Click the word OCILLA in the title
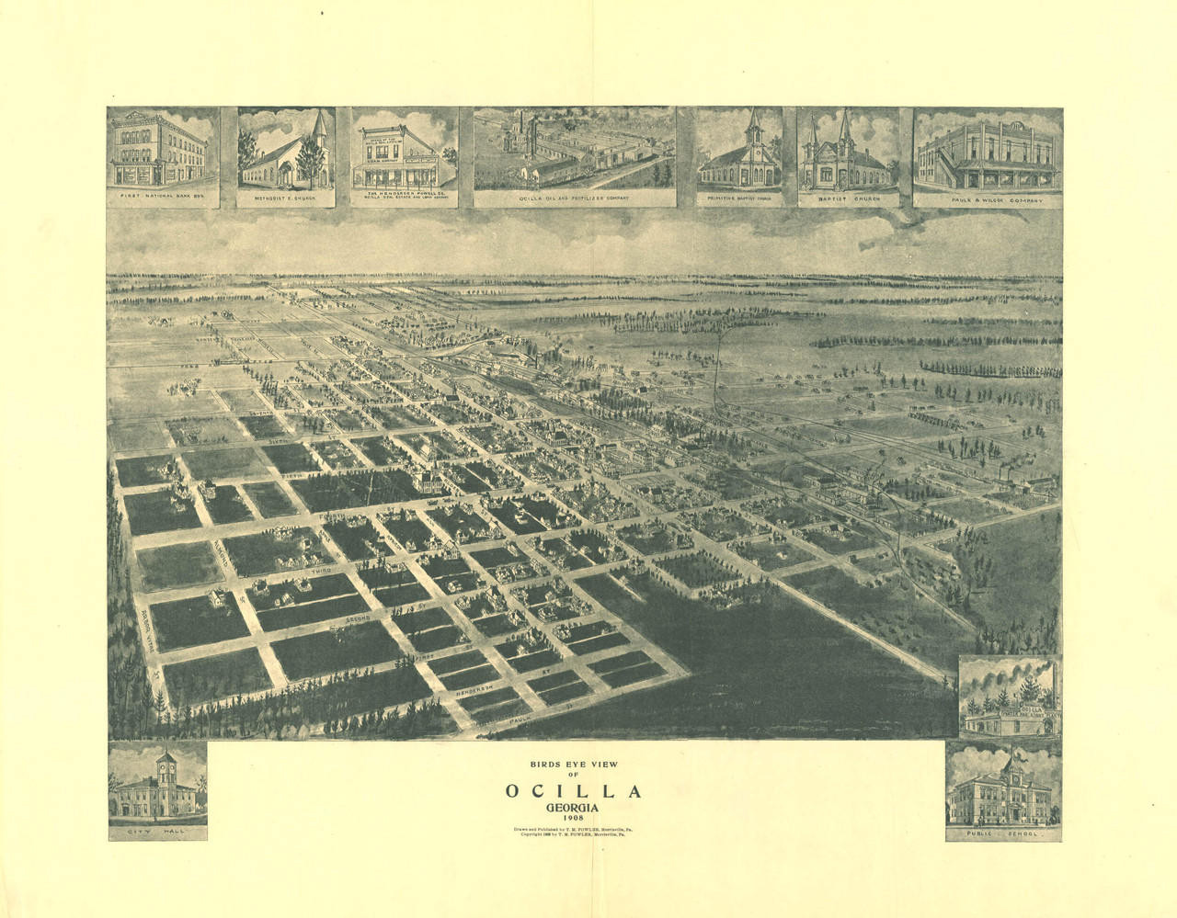coord(572,791)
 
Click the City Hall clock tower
coord(166,766)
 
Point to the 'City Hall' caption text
coord(157,833)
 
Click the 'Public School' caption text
coord(1003,833)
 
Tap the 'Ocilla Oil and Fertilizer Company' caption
coord(575,197)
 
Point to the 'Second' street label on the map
coord(360,621)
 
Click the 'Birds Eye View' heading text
coord(571,764)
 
